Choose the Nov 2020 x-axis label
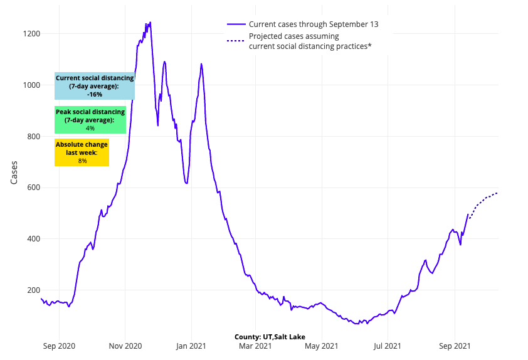click(125, 346)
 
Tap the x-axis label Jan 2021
click(191, 346)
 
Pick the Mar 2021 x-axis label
click(255, 346)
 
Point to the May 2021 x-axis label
click(320, 346)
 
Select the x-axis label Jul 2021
click(387, 346)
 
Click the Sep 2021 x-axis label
click(454, 346)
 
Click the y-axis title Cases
click(14, 172)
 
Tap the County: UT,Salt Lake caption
click(270, 337)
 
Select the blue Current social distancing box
click(95, 86)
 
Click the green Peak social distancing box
click(90, 120)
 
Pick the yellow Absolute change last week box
click(82, 152)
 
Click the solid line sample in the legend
click(235, 24)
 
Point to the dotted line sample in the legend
click(235, 41)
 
